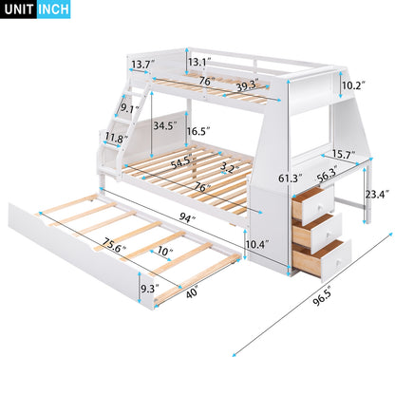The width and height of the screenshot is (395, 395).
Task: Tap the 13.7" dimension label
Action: click(x=142, y=64)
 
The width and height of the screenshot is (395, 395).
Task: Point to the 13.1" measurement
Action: click(x=198, y=62)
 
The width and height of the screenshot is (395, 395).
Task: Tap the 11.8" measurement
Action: click(x=116, y=138)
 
